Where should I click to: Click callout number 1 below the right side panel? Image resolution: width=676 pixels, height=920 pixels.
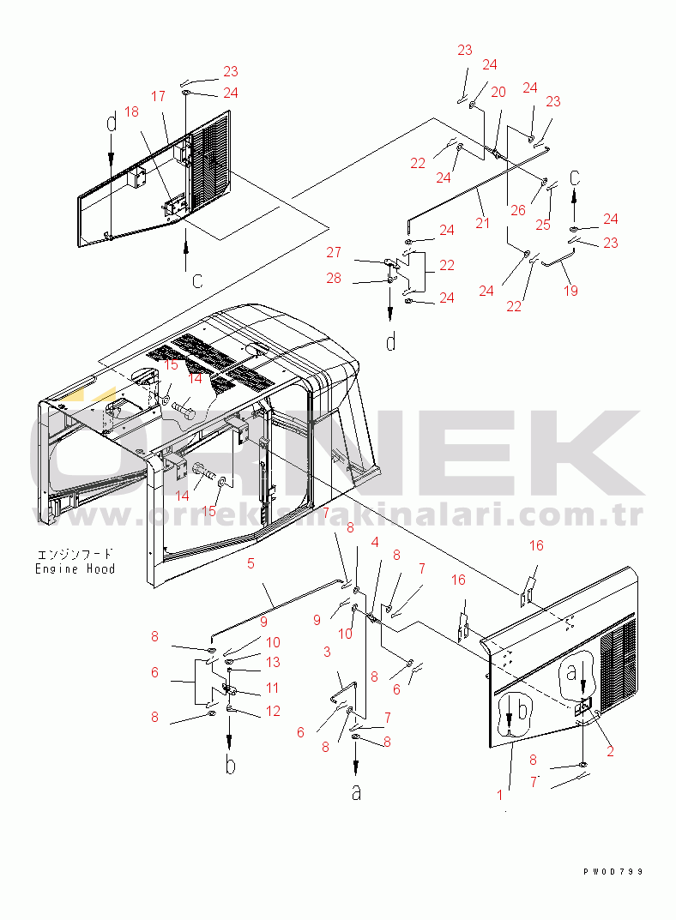pos(499,795)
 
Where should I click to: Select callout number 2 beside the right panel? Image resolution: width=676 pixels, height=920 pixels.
pos(611,752)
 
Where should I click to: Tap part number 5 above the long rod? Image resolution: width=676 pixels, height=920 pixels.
pos(250,563)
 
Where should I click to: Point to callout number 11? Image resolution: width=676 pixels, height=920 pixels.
pos(272,688)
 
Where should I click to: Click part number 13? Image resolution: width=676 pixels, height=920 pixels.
pos(272,662)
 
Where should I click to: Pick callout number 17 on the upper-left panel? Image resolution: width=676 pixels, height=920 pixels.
pos(159,97)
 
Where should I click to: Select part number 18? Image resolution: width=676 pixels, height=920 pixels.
pos(131,111)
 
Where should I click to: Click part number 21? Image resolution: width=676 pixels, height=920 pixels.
pos(483,224)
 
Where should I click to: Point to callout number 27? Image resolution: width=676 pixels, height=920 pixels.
pos(334,252)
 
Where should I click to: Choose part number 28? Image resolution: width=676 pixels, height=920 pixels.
pos(334,278)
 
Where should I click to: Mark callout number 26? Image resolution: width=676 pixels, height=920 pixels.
pos(516,211)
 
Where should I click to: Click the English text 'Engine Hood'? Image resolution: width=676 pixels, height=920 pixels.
pos(75,568)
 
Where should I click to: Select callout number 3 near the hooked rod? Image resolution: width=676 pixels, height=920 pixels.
pos(327,652)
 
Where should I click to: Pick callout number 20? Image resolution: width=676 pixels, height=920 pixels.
pos(498,92)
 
